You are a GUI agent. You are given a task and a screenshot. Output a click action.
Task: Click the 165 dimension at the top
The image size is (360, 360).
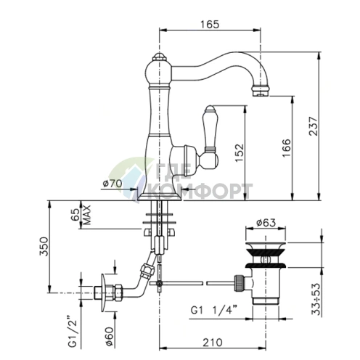tap(210, 24)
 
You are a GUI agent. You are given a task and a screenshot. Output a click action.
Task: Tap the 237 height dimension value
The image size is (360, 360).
tap(313, 126)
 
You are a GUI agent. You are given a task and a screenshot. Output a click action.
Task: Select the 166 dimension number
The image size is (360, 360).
tap(287, 148)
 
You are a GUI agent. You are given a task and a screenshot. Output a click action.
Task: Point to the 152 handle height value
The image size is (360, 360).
tap(239, 153)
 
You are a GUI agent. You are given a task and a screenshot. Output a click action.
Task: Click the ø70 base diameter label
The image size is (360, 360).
tap(112, 184)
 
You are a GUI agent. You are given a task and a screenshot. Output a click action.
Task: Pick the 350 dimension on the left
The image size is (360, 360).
tap(44, 246)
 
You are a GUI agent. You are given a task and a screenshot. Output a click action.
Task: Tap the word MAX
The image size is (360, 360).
tap(86, 215)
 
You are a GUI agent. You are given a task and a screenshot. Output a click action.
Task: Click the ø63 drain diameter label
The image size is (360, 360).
tap(266, 222)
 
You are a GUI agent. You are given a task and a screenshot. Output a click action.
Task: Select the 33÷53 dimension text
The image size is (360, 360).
tap(316, 299)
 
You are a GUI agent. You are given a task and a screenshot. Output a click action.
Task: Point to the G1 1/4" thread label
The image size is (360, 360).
tap(213, 310)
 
